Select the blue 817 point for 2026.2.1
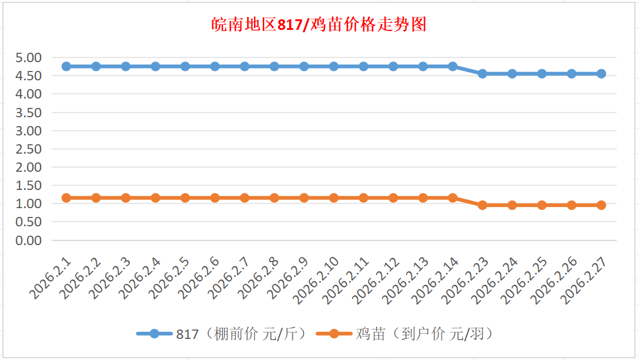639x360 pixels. [66, 66]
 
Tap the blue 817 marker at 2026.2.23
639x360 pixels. [482, 74]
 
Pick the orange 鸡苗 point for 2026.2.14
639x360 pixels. [452, 198]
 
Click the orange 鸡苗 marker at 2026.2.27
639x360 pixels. [601, 205]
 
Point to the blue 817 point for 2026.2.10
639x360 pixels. [334, 66]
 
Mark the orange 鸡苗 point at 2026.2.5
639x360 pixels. [185, 198]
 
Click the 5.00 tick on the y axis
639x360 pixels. [29, 57]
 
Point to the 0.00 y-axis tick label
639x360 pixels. [29, 240]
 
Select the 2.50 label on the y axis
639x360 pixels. [29, 149]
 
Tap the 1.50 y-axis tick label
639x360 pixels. [29, 185]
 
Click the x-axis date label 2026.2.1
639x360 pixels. [52, 278]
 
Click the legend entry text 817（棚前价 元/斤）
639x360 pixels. [242, 334]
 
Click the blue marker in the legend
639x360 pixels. [154, 334]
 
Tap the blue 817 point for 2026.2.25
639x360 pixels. [542, 74]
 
